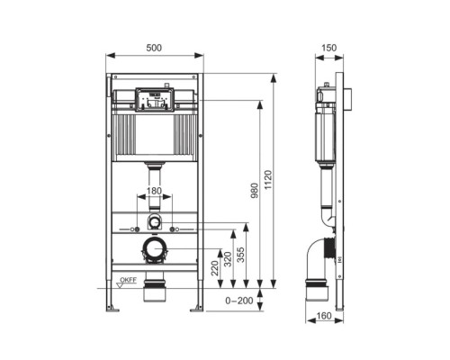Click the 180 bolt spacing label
tap(155, 190)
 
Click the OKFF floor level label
tap(127, 281)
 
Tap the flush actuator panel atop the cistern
tap(155, 98)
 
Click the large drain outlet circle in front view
tap(155, 248)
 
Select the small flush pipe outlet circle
tap(155, 221)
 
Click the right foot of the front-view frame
tap(195, 308)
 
